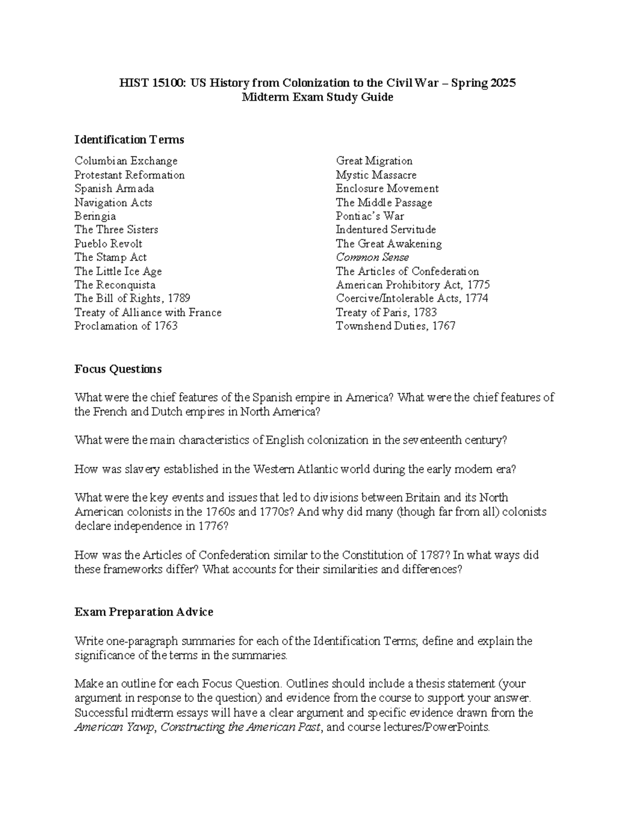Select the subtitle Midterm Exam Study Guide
coord(317,97)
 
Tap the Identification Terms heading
coord(129,140)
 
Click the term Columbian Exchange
coord(126,161)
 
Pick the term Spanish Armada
coord(114,188)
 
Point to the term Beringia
coord(95,216)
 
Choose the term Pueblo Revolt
coord(108,243)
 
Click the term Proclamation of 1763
coord(126,326)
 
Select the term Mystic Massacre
coord(376,175)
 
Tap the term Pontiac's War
coord(370,216)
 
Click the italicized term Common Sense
coord(373,257)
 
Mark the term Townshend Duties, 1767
coord(396,326)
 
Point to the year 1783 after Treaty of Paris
coord(425,312)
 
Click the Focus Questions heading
coord(118,369)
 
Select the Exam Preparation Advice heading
coord(144,612)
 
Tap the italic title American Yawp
coord(115,727)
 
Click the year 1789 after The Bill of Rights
coord(178,299)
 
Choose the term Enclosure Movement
coord(387,188)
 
